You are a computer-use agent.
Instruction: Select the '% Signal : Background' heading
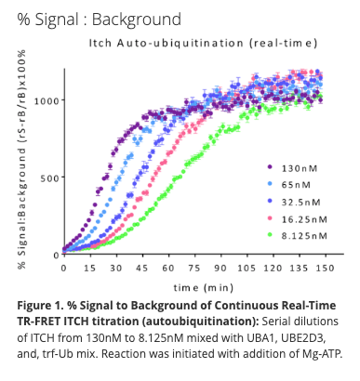click(x=91, y=18)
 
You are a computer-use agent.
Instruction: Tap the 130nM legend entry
click(x=302, y=167)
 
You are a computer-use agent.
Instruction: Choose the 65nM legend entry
click(x=300, y=185)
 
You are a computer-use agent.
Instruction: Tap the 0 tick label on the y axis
click(x=54, y=254)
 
